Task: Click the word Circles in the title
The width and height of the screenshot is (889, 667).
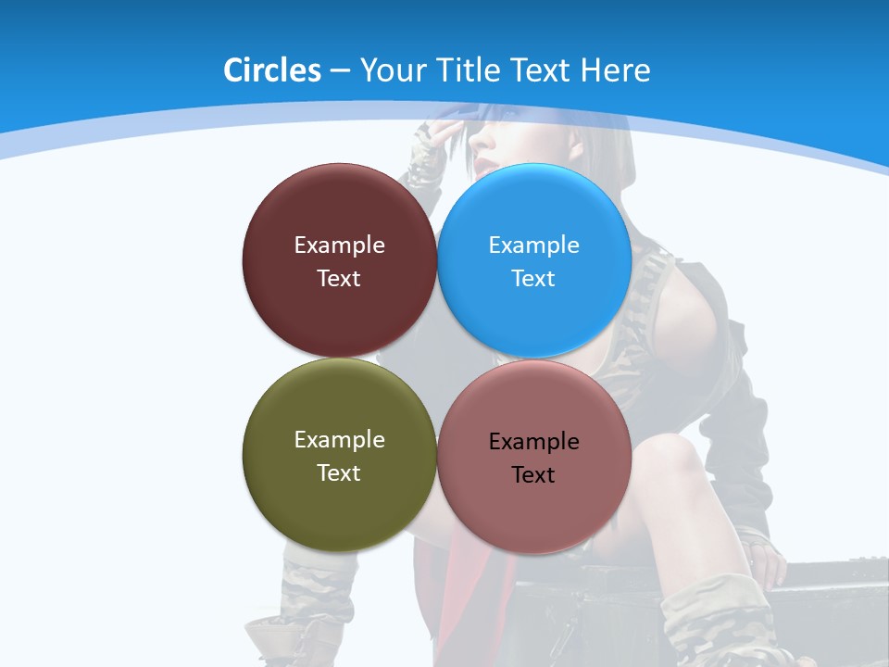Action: pyautogui.click(x=271, y=69)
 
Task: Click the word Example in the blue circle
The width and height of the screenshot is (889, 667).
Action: pyautogui.click(x=533, y=245)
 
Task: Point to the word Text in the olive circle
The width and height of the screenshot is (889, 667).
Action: pyautogui.click(x=339, y=472)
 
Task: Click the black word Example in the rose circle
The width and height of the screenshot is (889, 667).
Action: pyautogui.click(x=533, y=442)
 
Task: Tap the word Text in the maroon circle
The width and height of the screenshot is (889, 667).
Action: pyautogui.click(x=339, y=278)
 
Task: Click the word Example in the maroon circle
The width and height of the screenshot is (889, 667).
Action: pyautogui.click(x=339, y=245)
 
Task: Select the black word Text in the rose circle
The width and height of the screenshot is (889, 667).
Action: pyautogui.click(x=533, y=475)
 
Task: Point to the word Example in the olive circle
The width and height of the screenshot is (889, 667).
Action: pyautogui.click(x=339, y=440)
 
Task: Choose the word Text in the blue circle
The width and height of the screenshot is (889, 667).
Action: pyautogui.click(x=533, y=278)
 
